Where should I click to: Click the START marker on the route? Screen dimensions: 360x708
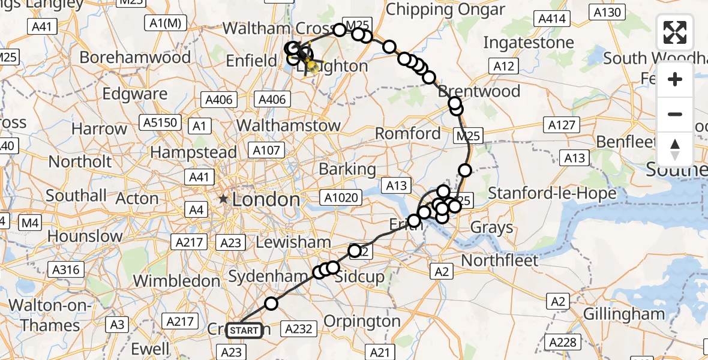click(244, 331)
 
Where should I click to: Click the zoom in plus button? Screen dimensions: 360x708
click(675, 79)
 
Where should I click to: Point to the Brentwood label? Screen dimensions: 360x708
click(479, 91)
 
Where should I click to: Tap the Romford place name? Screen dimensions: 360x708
click(409, 133)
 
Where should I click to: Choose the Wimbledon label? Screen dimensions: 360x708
click(176, 281)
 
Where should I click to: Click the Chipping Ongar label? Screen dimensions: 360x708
click(445, 10)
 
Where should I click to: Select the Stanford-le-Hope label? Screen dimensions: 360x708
click(553, 193)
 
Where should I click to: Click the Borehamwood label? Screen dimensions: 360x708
click(135, 58)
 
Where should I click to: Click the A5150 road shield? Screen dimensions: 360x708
click(160, 123)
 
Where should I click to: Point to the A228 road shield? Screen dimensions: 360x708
click(564, 343)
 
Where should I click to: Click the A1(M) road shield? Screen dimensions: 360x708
click(165, 23)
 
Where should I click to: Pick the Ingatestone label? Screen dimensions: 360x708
click(529, 43)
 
